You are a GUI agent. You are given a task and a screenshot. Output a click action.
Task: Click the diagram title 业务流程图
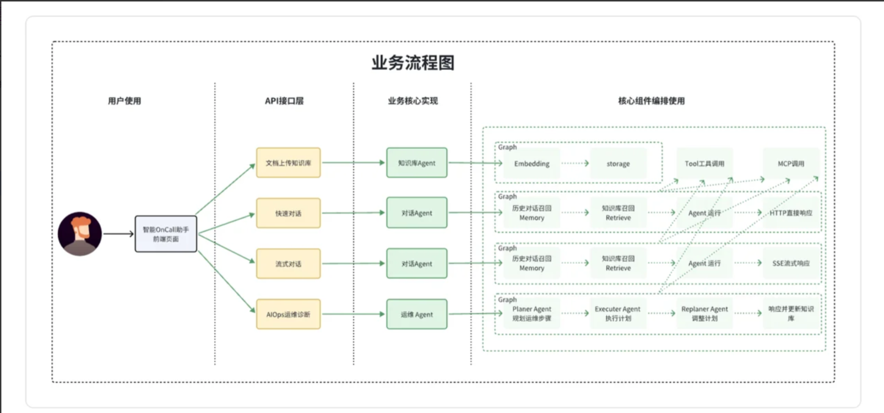coord(413,63)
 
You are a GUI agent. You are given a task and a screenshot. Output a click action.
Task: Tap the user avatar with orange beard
coord(80,233)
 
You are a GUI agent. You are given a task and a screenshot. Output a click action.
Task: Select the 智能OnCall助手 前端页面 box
coord(166,234)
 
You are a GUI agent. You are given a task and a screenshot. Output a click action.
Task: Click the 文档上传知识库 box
coord(288,163)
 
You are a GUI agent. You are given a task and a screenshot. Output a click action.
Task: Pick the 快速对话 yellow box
coord(288,213)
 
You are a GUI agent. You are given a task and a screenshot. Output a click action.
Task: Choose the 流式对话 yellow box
coord(288,264)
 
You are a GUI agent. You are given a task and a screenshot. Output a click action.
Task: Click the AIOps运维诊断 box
coord(288,314)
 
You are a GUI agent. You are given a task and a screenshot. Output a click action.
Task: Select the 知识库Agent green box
coord(416,163)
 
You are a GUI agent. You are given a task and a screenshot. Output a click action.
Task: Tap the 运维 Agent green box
coord(416,314)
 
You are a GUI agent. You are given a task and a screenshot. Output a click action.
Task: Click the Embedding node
coord(532,164)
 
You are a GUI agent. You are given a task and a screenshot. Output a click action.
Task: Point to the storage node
coord(618,164)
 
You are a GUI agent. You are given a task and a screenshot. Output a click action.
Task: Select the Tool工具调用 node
coord(704,164)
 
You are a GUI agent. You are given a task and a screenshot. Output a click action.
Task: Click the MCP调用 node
coord(791,164)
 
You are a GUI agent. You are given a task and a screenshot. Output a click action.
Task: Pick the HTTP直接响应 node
coord(791,213)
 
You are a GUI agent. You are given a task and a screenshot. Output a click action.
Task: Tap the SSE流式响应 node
coord(791,263)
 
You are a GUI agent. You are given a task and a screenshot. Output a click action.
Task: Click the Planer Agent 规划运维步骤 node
coord(532,313)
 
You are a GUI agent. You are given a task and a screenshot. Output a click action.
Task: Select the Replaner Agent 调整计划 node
coord(704,313)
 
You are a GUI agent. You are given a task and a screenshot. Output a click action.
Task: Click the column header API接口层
coord(284,101)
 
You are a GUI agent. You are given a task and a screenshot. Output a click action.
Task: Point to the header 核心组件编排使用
coord(651,101)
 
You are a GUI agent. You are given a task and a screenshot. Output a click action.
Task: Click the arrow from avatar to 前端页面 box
coord(118,234)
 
